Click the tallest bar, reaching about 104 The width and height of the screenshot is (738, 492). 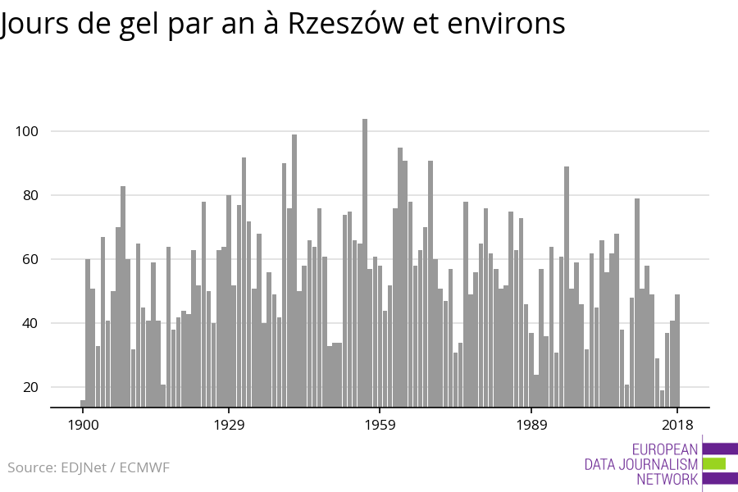365,262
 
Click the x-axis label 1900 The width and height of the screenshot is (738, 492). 83,425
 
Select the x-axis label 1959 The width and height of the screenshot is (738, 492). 380,425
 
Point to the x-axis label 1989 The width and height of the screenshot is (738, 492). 531,425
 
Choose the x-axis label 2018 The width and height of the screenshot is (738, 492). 677,425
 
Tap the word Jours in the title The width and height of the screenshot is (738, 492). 33,24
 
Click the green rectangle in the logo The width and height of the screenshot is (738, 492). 714,463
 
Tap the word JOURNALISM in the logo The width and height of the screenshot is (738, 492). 658,464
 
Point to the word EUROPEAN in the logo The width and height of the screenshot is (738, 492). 665,449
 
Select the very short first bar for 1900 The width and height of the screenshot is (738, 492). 83,403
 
